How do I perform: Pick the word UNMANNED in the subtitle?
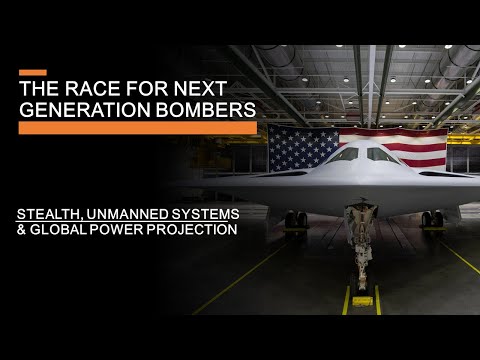(125, 212)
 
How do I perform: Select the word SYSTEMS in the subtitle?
(200, 212)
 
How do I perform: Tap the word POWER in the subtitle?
(116, 228)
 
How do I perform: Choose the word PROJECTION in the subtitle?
(189, 228)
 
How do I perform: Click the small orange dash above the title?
(33, 72)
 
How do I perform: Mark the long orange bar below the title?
(138, 128)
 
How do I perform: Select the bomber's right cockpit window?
(383, 154)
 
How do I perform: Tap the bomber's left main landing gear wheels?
(295, 219)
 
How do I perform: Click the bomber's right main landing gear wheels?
(432, 218)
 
